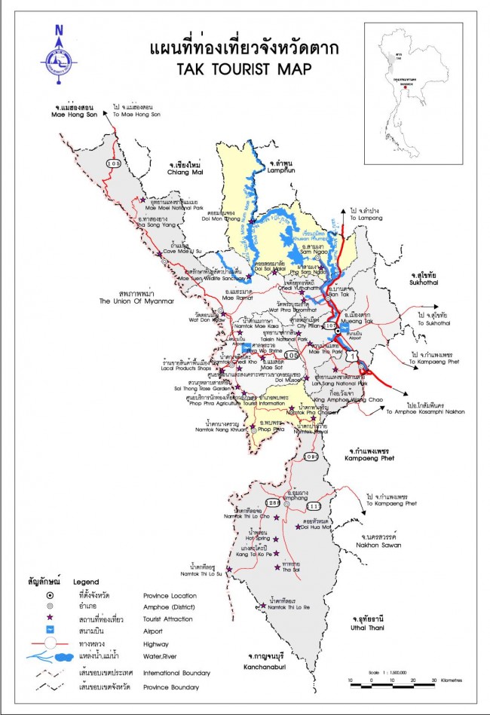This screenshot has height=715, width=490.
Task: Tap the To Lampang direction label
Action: point(366,217)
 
